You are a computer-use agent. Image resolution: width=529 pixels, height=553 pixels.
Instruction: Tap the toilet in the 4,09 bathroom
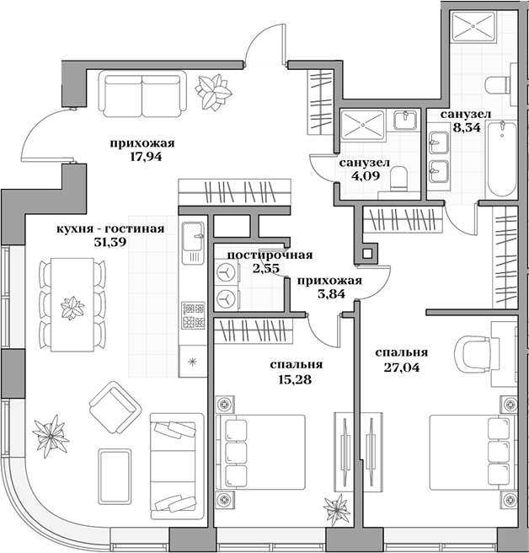(x=401, y=180)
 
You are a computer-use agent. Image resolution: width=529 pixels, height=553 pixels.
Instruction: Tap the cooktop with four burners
(x=192, y=312)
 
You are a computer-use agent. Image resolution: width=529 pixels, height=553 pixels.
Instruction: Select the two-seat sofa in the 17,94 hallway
(x=141, y=90)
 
